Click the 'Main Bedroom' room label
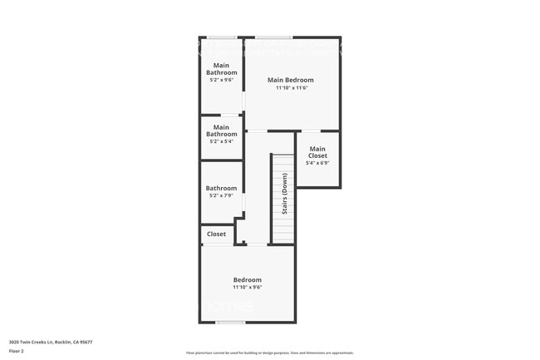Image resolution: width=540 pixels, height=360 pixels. [x=290, y=80]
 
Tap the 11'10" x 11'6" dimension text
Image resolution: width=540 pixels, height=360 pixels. [x=290, y=87]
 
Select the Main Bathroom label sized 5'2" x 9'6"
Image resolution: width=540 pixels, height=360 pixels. [x=221, y=69]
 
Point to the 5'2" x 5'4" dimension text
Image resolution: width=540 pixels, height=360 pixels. [x=221, y=141]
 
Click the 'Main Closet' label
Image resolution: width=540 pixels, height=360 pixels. [x=317, y=152]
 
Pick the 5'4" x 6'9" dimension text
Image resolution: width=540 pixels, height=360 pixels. [x=317, y=163]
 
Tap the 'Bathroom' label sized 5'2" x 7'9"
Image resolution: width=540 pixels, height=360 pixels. [x=221, y=189]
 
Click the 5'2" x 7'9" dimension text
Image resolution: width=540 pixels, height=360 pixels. [x=221, y=197]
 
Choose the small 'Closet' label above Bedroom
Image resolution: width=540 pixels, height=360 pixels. [x=216, y=234]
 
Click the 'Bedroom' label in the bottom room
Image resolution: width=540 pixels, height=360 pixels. [x=247, y=280]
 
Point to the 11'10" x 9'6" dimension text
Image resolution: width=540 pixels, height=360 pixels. [x=247, y=288]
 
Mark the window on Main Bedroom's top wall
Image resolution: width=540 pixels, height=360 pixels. [x=273, y=37]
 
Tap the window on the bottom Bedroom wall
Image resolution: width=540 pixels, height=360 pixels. [x=230, y=323]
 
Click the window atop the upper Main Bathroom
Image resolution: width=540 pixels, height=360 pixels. [x=221, y=37]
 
